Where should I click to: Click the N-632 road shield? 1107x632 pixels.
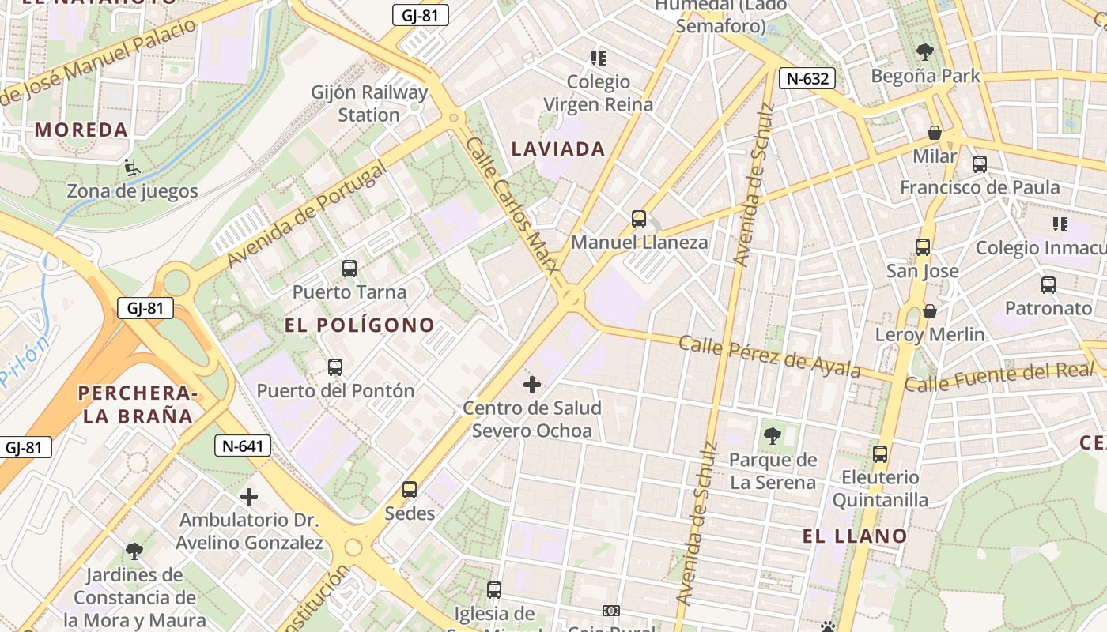point(807,77)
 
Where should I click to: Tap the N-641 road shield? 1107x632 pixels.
point(243,446)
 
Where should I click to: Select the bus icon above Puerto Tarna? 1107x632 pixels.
point(349,269)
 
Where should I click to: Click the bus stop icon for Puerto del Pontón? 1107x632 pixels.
point(335,367)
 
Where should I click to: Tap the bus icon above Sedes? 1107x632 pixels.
point(410,490)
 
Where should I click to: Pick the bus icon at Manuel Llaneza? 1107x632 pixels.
point(639,219)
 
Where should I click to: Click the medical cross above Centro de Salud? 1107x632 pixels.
point(532,385)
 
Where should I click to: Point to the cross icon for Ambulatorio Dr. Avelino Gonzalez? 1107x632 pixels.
point(249,497)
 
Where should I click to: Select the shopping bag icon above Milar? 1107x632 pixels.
point(935,133)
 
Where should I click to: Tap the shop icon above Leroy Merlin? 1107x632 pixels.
point(930,311)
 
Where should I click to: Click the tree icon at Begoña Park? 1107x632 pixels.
point(925,53)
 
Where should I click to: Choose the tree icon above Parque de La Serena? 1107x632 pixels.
point(772,435)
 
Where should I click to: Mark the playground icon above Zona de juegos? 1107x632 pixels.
point(132,167)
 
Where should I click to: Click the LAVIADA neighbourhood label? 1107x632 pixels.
point(558,149)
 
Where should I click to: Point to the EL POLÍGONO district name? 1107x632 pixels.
point(360,325)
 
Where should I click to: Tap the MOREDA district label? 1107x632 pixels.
point(81,130)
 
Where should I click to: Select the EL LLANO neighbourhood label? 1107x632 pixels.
point(855,536)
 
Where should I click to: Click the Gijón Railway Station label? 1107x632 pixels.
point(369,103)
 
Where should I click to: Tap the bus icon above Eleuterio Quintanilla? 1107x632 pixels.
point(880,454)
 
